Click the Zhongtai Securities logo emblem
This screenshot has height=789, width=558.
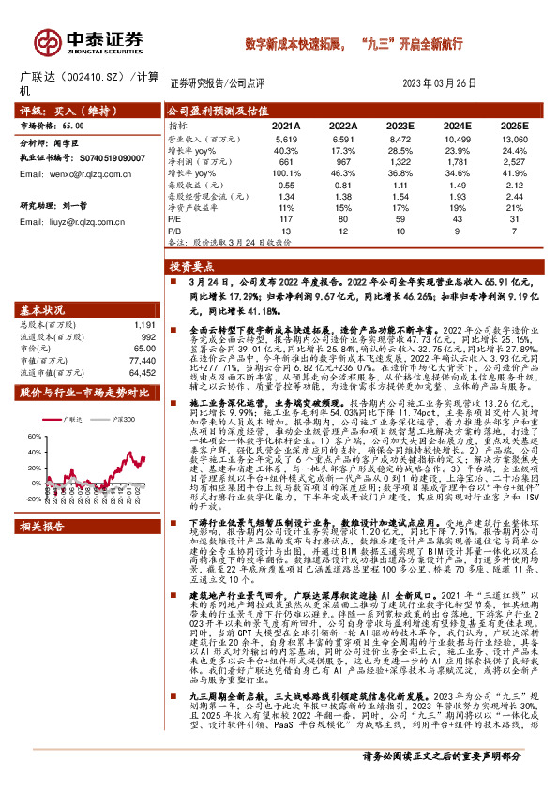tap(45, 40)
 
